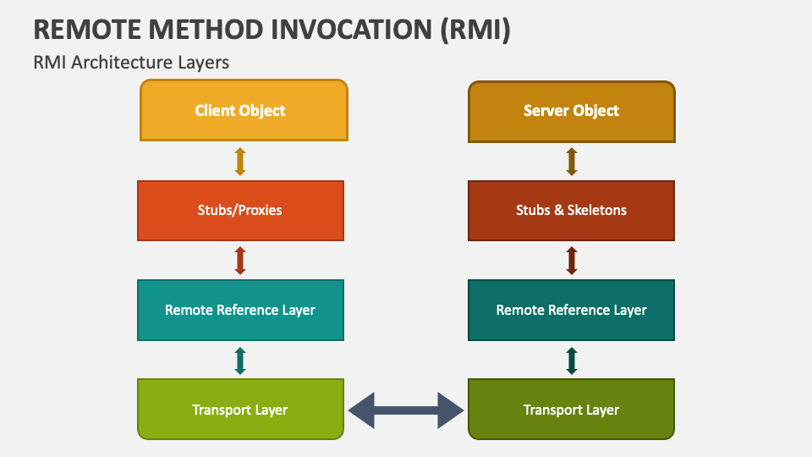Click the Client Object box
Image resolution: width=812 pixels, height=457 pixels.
pyautogui.click(x=244, y=110)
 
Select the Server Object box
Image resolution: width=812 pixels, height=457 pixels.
pyautogui.click(x=572, y=112)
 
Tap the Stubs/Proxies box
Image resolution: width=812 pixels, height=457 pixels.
pyautogui.click(x=241, y=211)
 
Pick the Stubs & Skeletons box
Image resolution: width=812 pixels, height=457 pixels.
pyautogui.click(x=571, y=211)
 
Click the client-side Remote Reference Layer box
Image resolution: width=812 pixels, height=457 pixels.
pyautogui.click(x=241, y=310)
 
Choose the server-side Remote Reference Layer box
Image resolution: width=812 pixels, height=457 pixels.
pyautogui.click(x=571, y=310)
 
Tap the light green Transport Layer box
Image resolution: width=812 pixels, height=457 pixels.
pyautogui.click(x=241, y=410)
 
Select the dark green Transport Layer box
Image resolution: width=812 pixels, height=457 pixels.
pyautogui.click(x=571, y=410)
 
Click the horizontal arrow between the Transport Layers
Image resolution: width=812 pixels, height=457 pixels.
pyautogui.click(x=406, y=410)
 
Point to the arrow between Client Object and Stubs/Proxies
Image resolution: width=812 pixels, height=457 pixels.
pyautogui.click(x=240, y=161)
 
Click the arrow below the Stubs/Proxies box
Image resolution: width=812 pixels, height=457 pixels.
pyautogui.click(x=240, y=260)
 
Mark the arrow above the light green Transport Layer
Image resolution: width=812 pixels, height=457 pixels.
pyautogui.click(x=240, y=361)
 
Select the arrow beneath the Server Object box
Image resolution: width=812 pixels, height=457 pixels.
pyautogui.click(x=572, y=161)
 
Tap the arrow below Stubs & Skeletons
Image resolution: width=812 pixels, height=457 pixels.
pyautogui.click(x=572, y=260)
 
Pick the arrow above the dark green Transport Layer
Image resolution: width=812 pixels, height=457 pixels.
pyautogui.click(x=572, y=361)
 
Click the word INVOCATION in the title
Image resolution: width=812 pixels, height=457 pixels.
pyautogui.click(x=352, y=29)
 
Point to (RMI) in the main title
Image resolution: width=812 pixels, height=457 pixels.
pyautogui.click(x=475, y=30)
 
